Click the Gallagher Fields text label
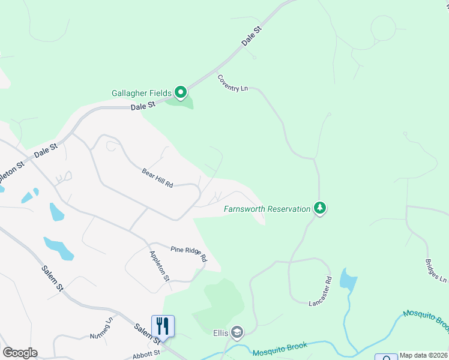pos(141,93)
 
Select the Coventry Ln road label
pos(233,83)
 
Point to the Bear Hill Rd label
pos(157,178)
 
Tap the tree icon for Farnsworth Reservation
pos(321,208)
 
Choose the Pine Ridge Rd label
pos(188,254)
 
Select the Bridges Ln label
pos(435,271)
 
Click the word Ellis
pos(220,333)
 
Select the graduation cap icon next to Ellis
pos(238,332)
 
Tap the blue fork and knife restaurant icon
pos(163,326)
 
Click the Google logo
pos(20,353)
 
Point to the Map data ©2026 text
pos(424,355)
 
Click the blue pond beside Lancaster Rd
pos(348,280)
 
